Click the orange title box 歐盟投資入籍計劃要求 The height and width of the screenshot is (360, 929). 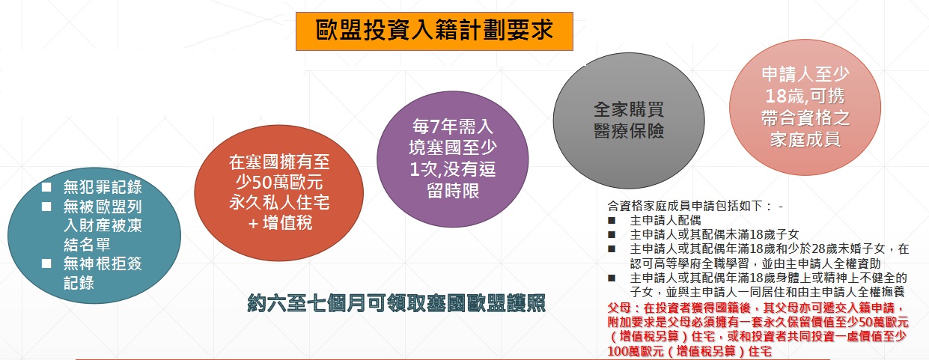tap(434, 31)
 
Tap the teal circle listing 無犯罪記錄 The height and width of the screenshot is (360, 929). tap(94, 236)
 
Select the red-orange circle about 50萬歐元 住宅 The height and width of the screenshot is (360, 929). tap(278, 193)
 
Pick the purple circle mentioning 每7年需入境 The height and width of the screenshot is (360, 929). tap(452, 159)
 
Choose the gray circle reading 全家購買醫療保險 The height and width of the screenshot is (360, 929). tap(629, 120)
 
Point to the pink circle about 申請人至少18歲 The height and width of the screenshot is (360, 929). tap(805, 107)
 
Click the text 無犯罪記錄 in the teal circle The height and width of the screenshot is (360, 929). tap(103, 187)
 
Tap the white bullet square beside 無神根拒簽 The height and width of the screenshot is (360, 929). tap(46, 263)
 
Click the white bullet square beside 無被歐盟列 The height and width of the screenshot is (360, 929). tap(46, 206)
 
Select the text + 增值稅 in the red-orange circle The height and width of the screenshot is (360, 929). tap(281, 223)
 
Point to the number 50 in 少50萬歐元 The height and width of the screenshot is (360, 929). tap(261, 183)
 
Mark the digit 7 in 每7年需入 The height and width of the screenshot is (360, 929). tap(435, 126)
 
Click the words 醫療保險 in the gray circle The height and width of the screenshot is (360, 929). tap(629, 131)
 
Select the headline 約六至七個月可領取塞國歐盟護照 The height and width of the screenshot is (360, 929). tap(396, 303)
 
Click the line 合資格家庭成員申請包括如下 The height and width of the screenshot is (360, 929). tap(690, 206)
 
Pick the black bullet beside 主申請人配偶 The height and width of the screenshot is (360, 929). tap(612, 220)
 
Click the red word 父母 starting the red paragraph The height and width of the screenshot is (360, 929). tap(619, 308)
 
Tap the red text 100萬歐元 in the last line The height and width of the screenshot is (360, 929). tap(636, 352)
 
